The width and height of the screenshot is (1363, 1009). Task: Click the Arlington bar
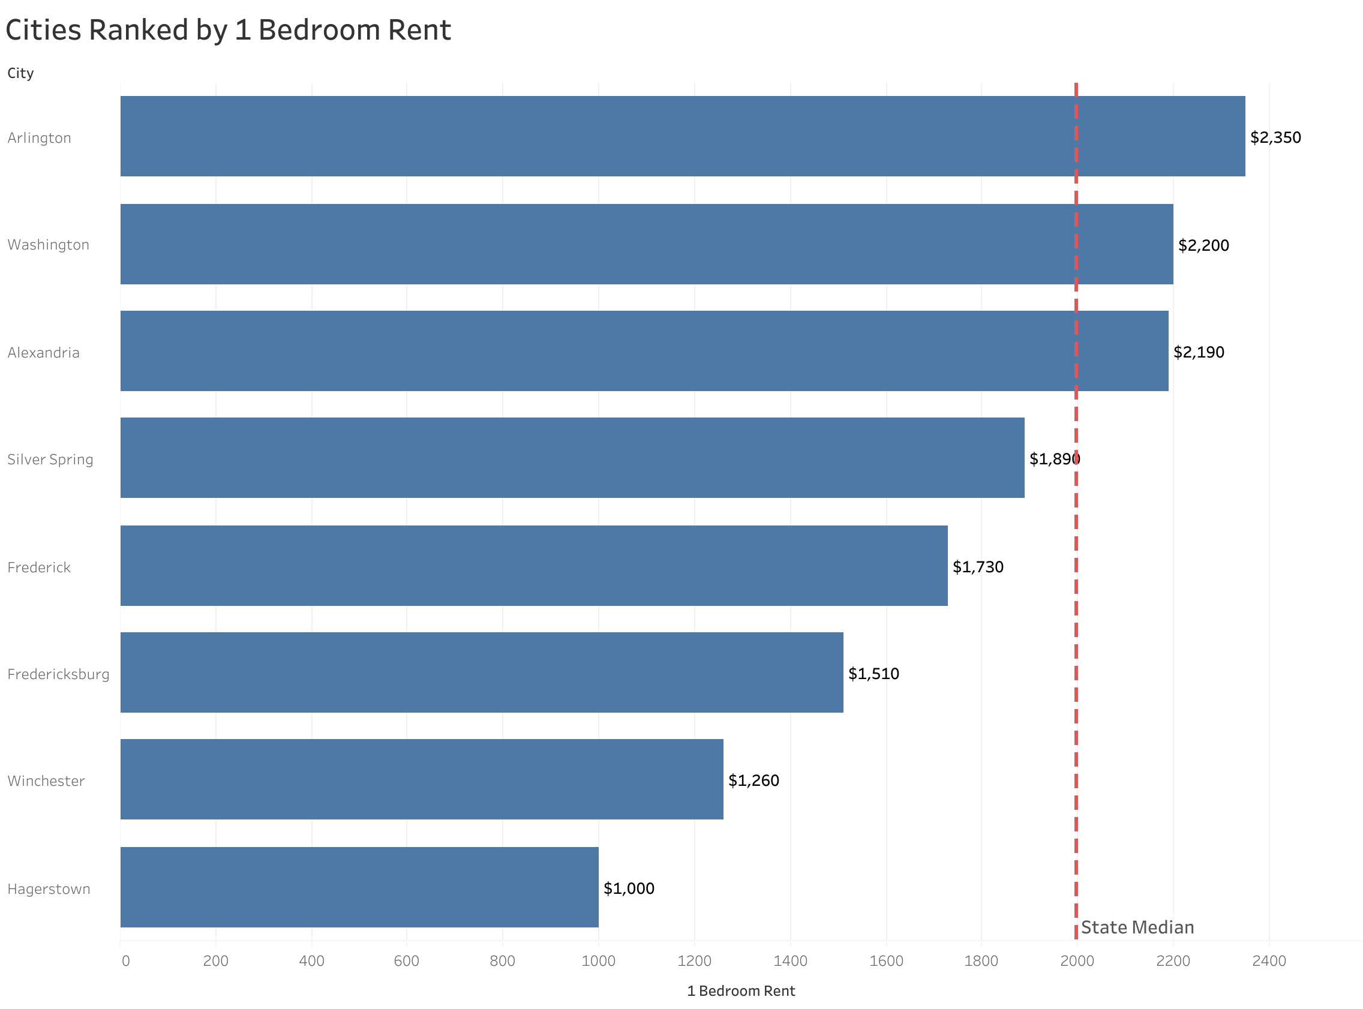click(x=682, y=136)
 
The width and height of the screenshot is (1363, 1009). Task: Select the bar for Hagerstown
click(x=359, y=887)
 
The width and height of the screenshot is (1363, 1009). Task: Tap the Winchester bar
click(x=421, y=779)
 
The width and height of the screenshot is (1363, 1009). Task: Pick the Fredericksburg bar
click(x=481, y=672)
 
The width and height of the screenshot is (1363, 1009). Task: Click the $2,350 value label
click(x=1275, y=137)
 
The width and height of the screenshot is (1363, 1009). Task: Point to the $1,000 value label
click(x=628, y=888)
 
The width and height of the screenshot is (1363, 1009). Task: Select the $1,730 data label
click(x=978, y=567)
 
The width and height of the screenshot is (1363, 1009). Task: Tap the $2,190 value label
click(x=1198, y=352)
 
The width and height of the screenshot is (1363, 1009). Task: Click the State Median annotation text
click(x=1137, y=927)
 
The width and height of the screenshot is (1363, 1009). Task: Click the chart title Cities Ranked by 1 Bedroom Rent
click(x=228, y=30)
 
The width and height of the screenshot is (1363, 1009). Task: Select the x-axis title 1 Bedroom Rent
click(x=741, y=990)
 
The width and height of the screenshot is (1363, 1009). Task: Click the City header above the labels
click(x=20, y=73)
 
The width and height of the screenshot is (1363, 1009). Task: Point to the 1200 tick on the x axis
click(x=694, y=961)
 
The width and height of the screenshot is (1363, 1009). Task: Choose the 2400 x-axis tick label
click(x=1269, y=961)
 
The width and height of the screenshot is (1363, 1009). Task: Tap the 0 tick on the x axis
click(x=125, y=961)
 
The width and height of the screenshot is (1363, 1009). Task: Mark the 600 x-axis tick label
click(x=406, y=961)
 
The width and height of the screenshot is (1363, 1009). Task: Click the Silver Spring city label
click(x=50, y=460)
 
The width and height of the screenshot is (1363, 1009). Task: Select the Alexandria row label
click(x=43, y=352)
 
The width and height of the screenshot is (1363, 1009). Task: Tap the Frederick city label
click(x=39, y=567)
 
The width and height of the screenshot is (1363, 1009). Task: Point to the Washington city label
click(x=48, y=245)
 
